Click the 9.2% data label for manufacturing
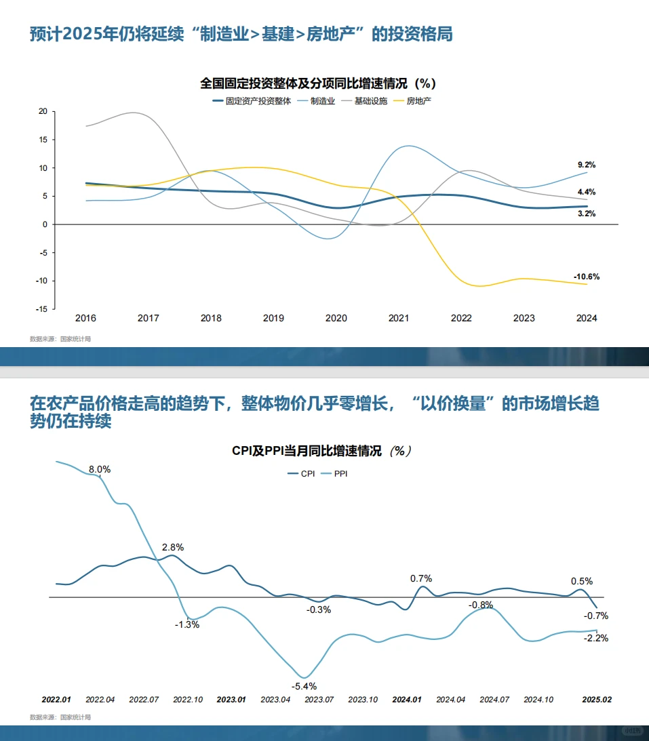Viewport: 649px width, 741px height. click(586, 165)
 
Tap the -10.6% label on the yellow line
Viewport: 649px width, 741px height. click(586, 277)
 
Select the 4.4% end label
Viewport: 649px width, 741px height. click(586, 192)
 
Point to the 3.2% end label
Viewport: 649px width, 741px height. click(586, 214)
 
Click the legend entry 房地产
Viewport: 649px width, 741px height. click(418, 101)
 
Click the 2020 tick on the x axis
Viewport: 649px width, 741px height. click(336, 318)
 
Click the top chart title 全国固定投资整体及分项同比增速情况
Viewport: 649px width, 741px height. click(317, 84)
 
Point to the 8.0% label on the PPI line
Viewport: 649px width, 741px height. click(100, 469)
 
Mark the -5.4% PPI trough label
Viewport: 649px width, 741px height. click(304, 686)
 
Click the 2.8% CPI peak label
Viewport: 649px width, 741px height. click(172, 547)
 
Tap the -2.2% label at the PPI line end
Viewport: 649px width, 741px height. click(597, 638)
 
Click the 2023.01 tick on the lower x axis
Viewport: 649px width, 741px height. click(231, 699)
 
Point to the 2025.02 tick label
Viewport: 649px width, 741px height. click(597, 699)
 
